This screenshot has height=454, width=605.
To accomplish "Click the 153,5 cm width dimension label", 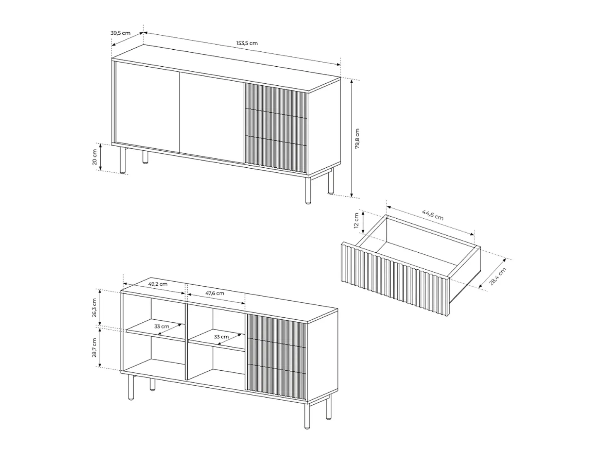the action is click(x=247, y=43).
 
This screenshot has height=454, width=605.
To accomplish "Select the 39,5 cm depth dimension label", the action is click(x=121, y=33).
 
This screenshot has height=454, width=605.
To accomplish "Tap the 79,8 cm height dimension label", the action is click(x=357, y=139).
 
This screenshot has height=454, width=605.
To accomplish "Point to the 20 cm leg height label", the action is click(x=94, y=157).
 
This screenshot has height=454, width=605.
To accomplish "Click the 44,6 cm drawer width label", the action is click(x=433, y=215).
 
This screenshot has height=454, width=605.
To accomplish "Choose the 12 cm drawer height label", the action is click(x=356, y=220).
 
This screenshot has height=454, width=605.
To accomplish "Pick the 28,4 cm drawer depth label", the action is click(x=498, y=276).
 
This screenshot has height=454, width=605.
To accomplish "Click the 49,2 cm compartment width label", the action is click(x=157, y=284).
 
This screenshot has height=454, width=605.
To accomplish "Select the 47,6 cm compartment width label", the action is click(x=215, y=293).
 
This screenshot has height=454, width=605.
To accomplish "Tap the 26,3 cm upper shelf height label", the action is click(x=94, y=308).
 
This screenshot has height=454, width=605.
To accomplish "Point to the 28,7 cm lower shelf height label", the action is click(x=94, y=348).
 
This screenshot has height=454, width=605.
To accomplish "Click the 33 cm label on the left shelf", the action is click(x=162, y=326).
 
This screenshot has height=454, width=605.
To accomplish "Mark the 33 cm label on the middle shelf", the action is click(x=221, y=337).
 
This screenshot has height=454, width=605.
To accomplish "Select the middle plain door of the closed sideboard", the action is click(x=212, y=118).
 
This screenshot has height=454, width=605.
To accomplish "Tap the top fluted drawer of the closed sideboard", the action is click(x=276, y=101).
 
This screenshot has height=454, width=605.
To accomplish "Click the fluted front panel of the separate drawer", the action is click(x=396, y=278).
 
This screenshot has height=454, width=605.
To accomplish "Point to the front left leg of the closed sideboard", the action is click(x=123, y=160).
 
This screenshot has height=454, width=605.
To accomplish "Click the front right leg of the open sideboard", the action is click(x=307, y=416).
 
